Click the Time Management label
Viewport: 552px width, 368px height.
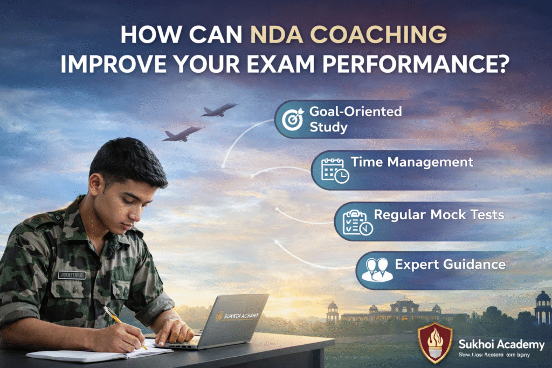coord(412,162)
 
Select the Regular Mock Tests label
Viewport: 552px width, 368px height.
coord(439,214)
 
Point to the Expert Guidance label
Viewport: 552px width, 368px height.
coord(450,265)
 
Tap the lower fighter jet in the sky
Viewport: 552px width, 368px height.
coord(183,133)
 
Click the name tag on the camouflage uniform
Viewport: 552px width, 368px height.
coord(72,275)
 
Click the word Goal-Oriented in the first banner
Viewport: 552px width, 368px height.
coord(355,112)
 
